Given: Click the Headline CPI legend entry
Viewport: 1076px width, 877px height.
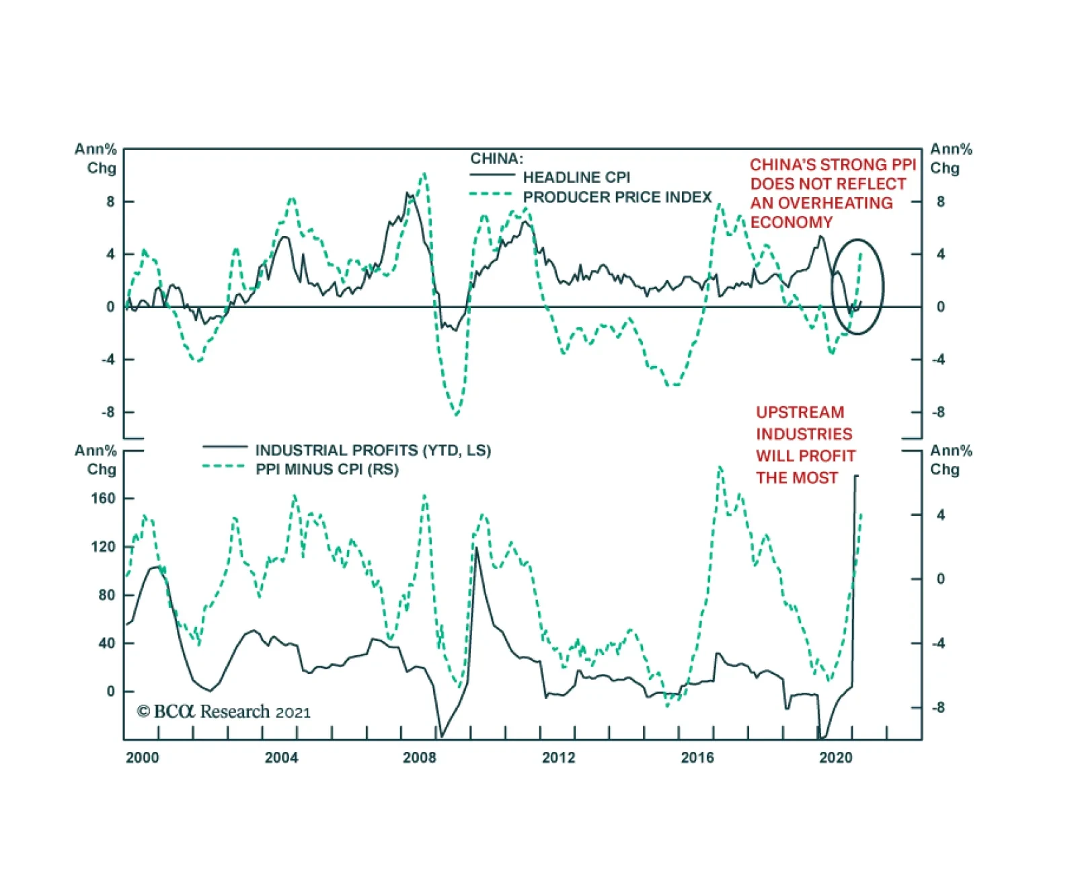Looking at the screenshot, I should [x=576, y=178].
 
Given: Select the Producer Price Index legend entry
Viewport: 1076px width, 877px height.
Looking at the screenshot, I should [x=617, y=197].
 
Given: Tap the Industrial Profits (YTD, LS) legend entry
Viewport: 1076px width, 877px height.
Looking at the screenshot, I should [x=373, y=451].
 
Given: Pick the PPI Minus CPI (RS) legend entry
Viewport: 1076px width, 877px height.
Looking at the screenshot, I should [x=327, y=469].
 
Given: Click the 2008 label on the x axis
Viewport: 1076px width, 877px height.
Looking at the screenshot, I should [x=419, y=758].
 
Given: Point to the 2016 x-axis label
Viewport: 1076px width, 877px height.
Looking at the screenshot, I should [x=697, y=758].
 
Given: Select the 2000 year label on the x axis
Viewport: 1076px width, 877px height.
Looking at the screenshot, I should [x=143, y=758].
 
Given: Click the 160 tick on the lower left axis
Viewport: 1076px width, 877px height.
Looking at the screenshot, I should [x=103, y=498].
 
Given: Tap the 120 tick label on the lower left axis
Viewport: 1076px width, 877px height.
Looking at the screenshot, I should [x=103, y=547].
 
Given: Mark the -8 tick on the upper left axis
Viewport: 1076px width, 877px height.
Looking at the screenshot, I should [x=108, y=412].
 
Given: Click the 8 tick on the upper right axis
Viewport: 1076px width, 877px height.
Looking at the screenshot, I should [x=940, y=202].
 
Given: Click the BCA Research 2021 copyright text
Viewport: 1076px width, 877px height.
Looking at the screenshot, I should [x=224, y=712].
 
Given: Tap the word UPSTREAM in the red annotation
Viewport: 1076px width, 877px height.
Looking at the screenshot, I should [x=800, y=412].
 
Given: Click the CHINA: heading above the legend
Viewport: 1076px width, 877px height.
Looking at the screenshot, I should [x=496, y=159].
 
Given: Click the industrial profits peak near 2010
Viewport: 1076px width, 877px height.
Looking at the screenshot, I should [x=477, y=548].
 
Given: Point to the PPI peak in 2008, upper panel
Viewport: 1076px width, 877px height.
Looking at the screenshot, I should [x=424, y=174].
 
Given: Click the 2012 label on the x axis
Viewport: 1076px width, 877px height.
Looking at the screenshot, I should [x=558, y=758].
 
